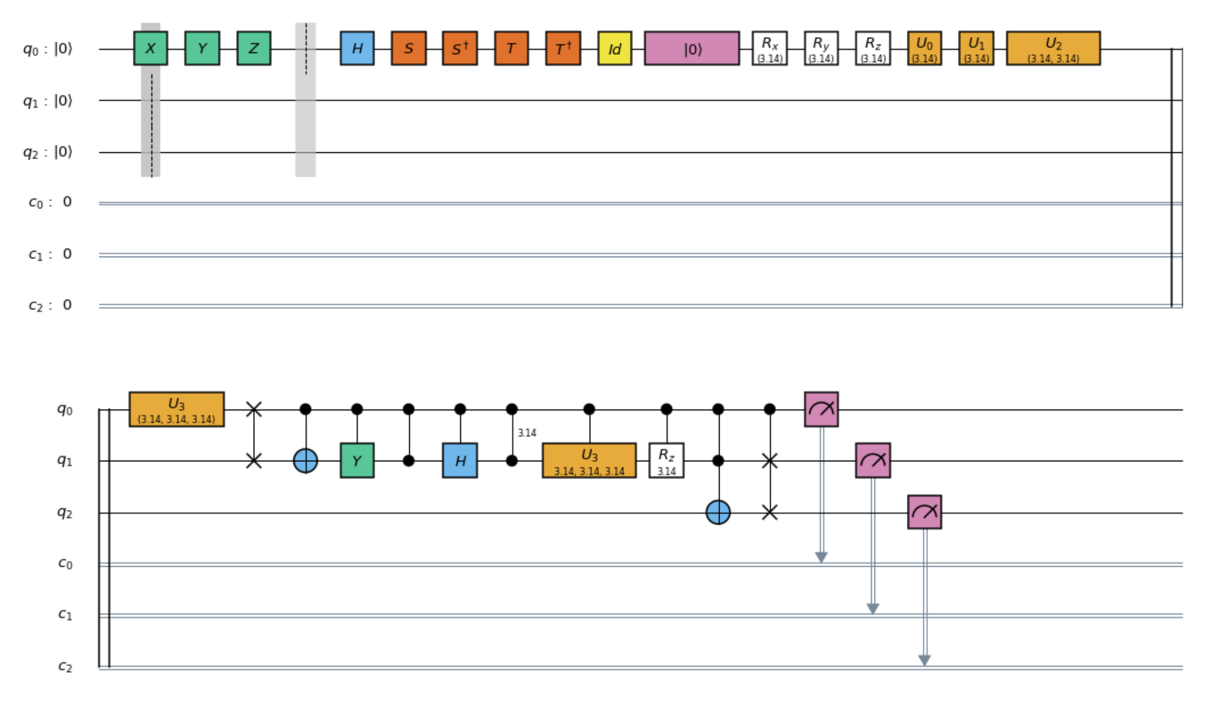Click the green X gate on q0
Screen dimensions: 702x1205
[x=150, y=48]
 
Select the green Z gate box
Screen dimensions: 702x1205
[x=254, y=48]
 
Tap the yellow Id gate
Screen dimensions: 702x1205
[x=615, y=48]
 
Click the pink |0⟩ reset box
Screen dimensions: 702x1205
[x=692, y=48]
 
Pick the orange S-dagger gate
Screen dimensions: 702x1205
[x=460, y=48]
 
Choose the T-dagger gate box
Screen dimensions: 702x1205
[x=563, y=48]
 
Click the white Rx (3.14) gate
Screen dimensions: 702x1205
[x=770, y=48]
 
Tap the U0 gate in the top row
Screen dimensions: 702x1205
[x=924, y=48]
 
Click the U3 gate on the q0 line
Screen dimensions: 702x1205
[x=176, y=409]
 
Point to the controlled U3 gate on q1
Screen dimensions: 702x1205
[x=589, y=461]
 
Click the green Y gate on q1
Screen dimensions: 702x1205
[x=357, y=461]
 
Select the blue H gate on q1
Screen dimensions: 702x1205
[x=460, y=461]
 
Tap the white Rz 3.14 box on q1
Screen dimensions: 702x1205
[x=666, y=461]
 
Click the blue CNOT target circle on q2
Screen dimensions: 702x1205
[x=718, y=512]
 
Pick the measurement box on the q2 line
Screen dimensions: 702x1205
[x=924, y=512]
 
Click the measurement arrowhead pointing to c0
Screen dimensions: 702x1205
[x=821, y=557]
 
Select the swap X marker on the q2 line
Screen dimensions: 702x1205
[x=770, y=512]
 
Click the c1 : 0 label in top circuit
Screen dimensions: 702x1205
[x=50, y=254]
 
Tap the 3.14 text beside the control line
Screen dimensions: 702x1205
[x=527, y=433]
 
